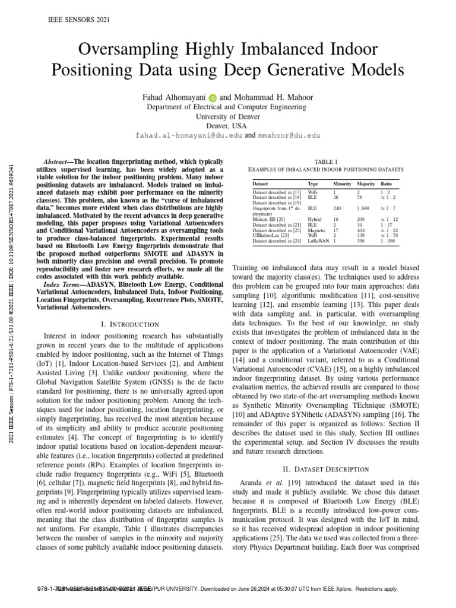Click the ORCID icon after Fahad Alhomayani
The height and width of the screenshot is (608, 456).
(x=212, y=96)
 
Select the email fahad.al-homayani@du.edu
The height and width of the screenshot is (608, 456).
(x=189, y=135)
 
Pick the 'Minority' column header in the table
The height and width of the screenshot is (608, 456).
(x=342, y=185)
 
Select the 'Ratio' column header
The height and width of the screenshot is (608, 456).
(x=386, y=185)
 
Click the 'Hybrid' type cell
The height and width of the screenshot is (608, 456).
(x=315, y=220)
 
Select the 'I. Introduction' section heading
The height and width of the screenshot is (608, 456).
(x=130, y=324)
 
